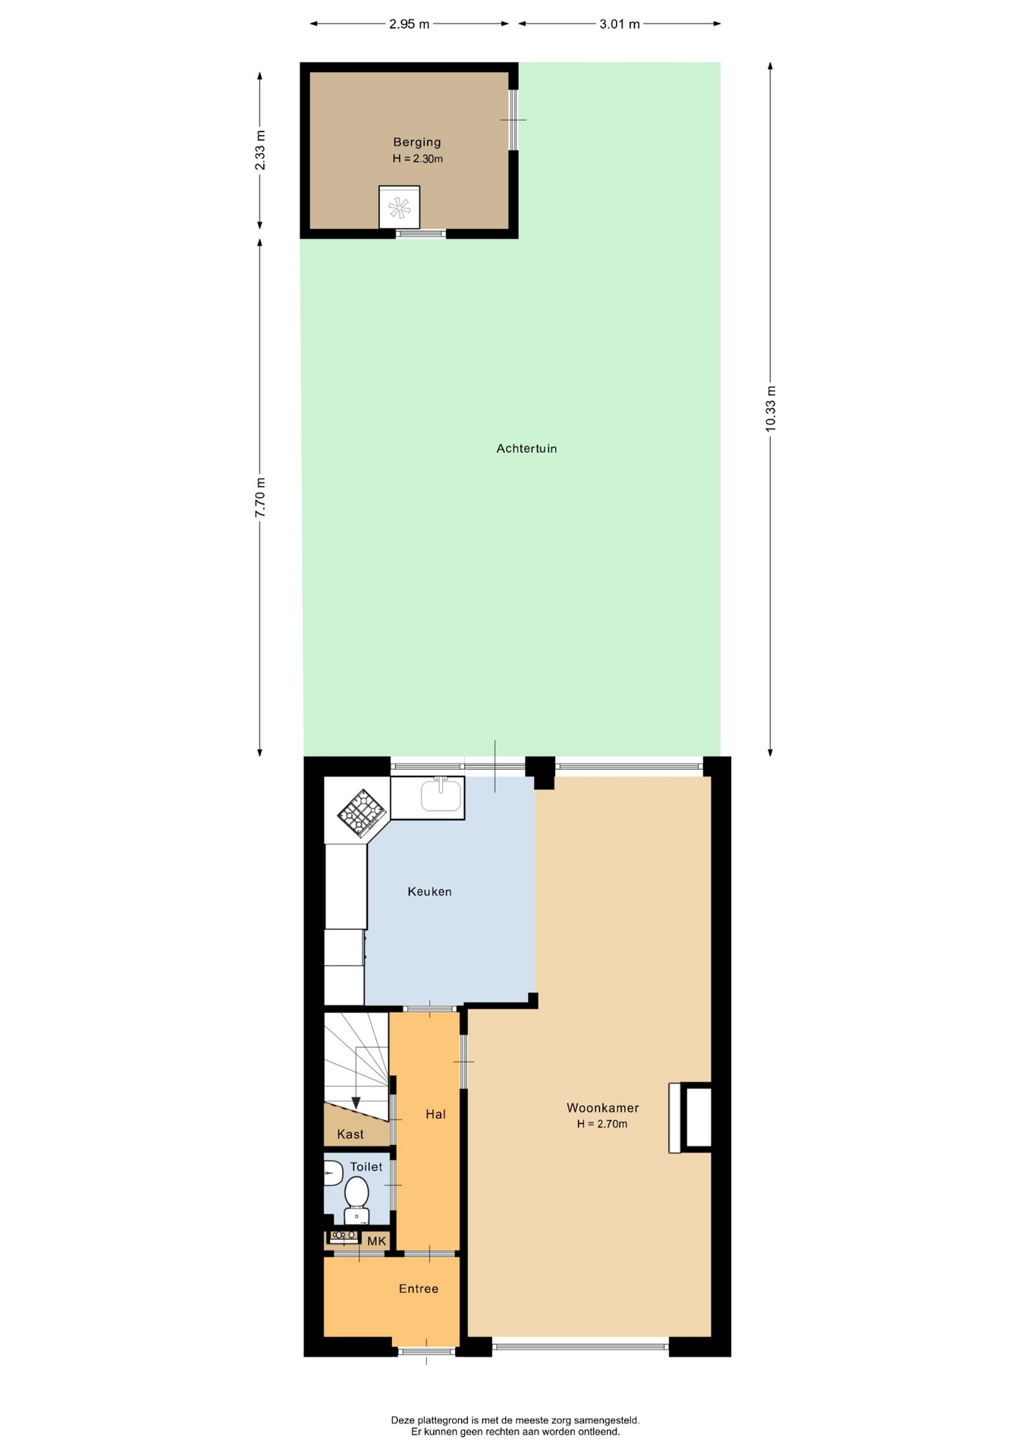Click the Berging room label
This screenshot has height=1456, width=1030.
pyautogui.click(x=416, y=142)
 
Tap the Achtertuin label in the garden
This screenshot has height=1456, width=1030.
pyautogui.click(x=526, y=448)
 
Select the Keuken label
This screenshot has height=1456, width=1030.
pyautogui.click(x=429, y=892)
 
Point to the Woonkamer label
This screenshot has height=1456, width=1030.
pyautogui.click(x=603, y=1108)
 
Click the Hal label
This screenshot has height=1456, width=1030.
pyautogui.click(x=435, y=1114)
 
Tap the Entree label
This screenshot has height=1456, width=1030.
pyautogui.click(x=419, y=1288)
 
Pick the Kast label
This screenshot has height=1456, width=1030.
pyautogui.click(x=350, y=1134)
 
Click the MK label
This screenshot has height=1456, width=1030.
pyautogui.click(x=377, y=1241)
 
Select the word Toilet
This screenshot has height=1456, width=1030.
pyautogui.click(x=366, y=1167)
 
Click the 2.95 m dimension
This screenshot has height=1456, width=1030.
pyautogui.click(x=410, y=24)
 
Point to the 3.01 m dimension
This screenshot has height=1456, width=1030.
pyautogui.click(x=620, y=24)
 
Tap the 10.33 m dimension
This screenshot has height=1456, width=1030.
pyautogui.click(x=771, y=409)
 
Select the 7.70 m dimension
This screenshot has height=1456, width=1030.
pyautogui.click(x=260, y=497)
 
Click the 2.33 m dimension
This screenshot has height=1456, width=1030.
pyautogui.click(x=260, y=150)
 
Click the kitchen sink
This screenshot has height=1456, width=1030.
pyautogui.click(x=441, y=795)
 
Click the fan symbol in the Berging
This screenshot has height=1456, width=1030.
pyautogui.click(x=399, y=207)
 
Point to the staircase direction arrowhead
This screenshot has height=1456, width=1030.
pyautogui.click(x=356, y=1103)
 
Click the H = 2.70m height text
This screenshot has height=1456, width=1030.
pyautogui.click(x=602, y=1124)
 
